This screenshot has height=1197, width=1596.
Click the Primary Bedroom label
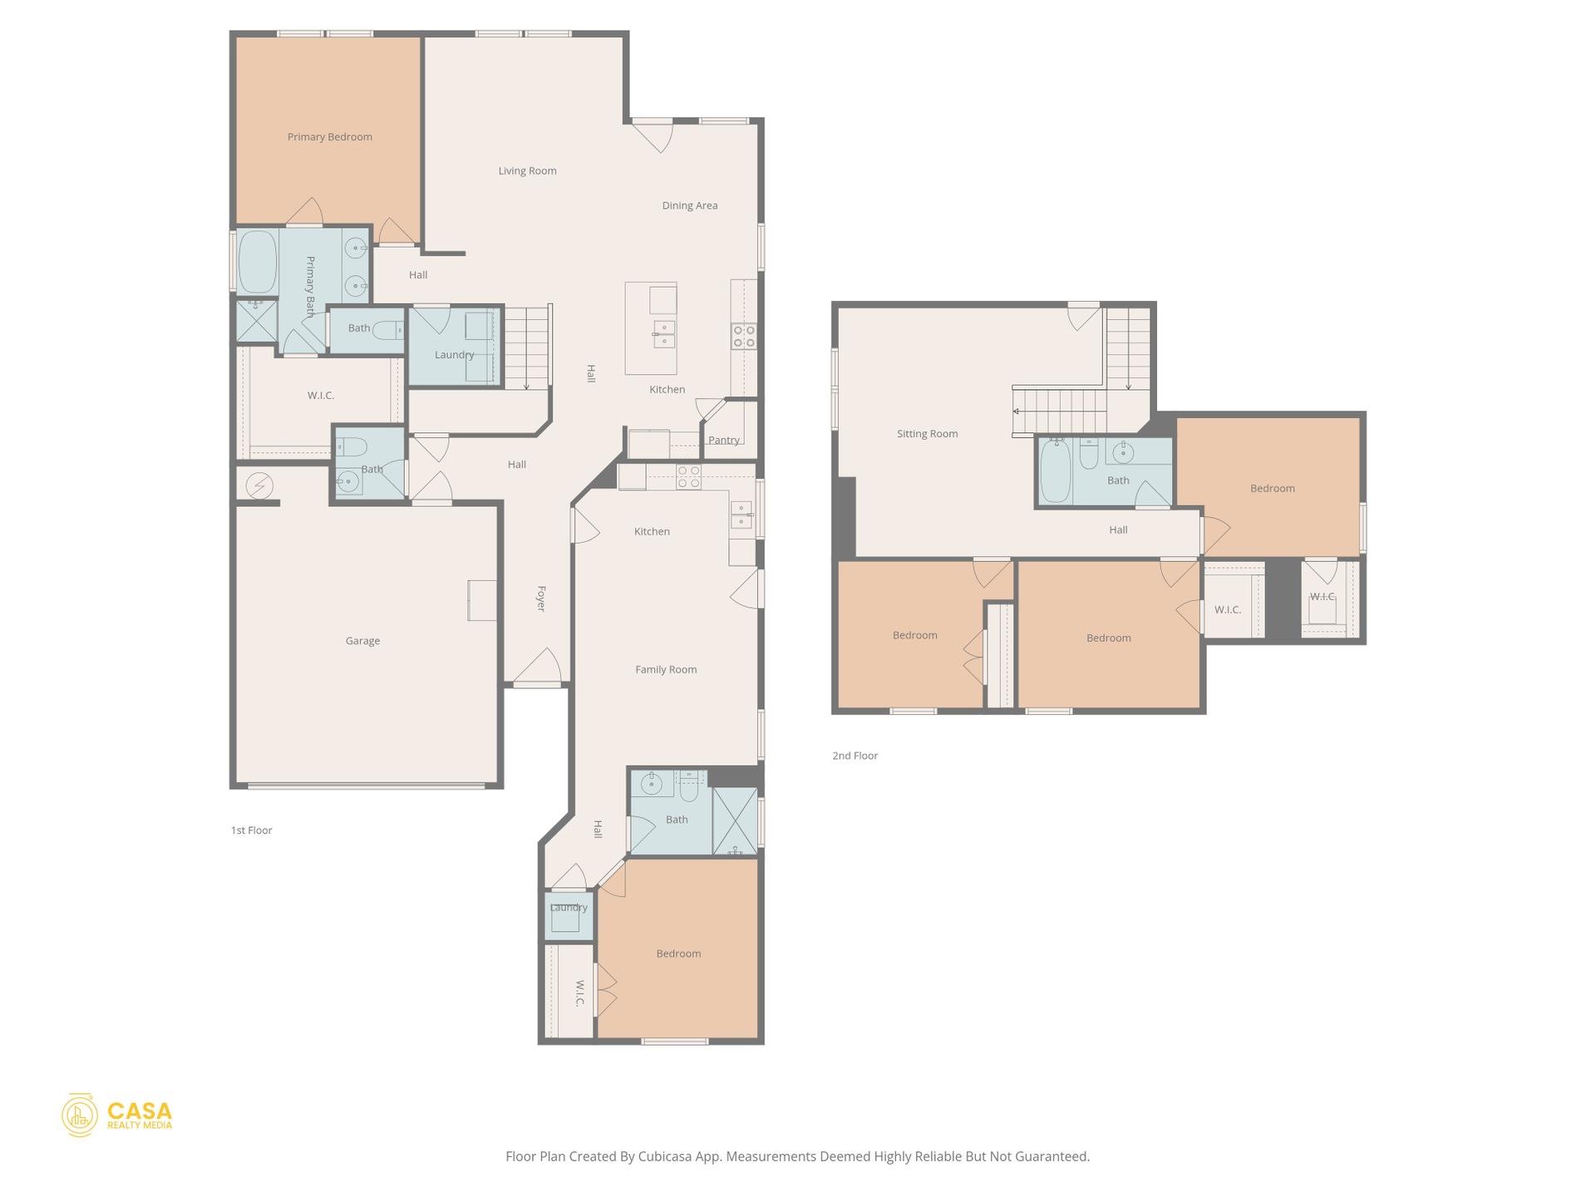coord(329,137)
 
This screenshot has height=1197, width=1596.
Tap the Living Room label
coord(527,171)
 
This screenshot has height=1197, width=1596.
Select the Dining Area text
coord(689,205)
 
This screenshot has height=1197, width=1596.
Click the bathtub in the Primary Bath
coord(257,262)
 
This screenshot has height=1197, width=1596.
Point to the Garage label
coord(362,641)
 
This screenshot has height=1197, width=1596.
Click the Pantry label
coord(723,441)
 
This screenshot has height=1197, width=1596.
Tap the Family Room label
coord(665,669)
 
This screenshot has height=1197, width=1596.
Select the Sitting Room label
coord(927,434)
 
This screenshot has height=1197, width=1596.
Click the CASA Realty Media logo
coord(117,1116)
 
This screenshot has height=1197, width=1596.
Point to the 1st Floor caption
coord(251,830)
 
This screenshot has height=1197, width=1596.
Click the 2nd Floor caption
coord(855,756)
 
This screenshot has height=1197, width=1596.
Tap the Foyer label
coord(540,598)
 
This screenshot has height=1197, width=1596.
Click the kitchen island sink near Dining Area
coord(663,334)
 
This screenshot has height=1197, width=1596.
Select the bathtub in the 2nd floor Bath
coord(1056,470)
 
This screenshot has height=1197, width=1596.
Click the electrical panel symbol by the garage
coord(259,485)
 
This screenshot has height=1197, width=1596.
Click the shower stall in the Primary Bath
coord(256,322)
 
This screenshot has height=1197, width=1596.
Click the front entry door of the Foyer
coord(537,668)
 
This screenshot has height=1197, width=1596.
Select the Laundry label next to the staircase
coord(454,355)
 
